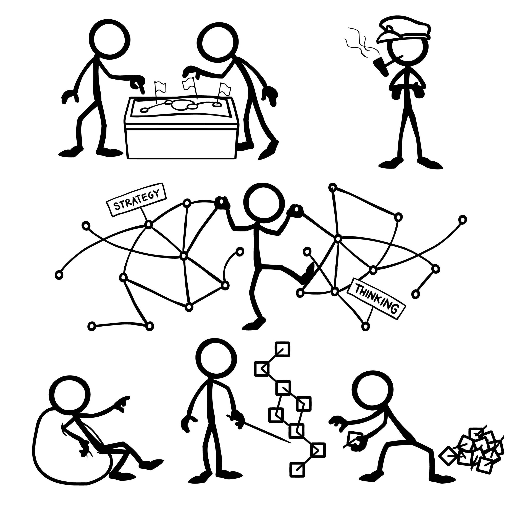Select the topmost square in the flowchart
pyautogui.click(x=282, y=349)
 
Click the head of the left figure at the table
pyautogui.click(x=109, y=40)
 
